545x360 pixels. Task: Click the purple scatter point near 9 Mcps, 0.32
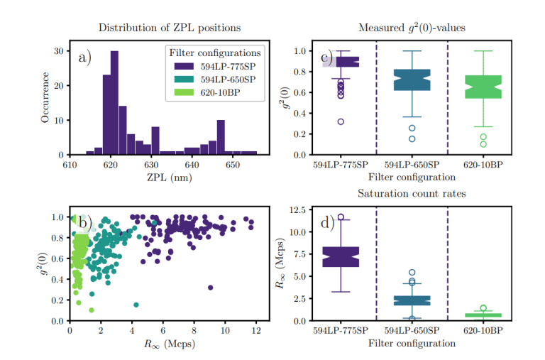point(210,288)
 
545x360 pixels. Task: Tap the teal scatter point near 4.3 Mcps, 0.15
point(136,305)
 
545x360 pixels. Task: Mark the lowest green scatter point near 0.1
point(91,310)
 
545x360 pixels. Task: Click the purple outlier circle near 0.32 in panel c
point(341,121)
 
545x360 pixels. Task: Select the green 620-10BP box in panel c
point(483,86)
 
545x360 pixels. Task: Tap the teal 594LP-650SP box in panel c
point(412,80)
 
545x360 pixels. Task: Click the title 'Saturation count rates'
point(412,194)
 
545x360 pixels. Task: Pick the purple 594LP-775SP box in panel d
point(341,256)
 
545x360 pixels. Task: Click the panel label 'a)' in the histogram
point(85,58)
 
